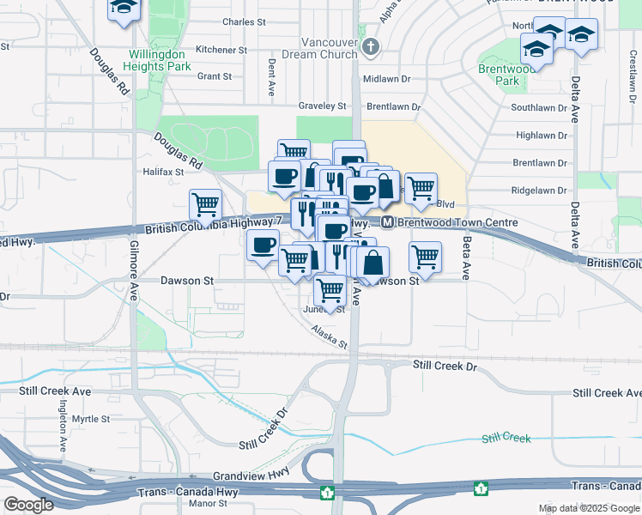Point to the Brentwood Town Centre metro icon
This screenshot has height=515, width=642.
point(387,222)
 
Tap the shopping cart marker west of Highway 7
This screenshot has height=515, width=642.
point(205,204)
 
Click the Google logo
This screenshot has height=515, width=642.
point(28,505)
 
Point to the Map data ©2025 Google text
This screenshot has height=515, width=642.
point(588,508)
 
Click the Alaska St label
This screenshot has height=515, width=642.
point(330,336)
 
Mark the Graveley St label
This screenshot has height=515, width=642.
point(321,106)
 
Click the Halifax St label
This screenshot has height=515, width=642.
point(163,172)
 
